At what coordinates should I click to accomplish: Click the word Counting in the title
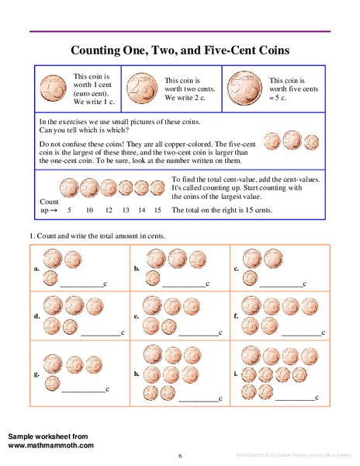click(x=98, y=51)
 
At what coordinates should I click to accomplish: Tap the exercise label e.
click(x=136, y=317)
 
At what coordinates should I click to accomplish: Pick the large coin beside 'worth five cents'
click(x=243, y=85)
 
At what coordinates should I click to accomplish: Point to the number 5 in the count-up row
click(x=70, y=210)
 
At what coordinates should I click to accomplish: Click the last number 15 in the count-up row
click(x=157, y=210)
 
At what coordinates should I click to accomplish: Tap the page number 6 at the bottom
click(x=180, y=456)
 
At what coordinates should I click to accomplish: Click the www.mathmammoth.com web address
click(x=51, y=446)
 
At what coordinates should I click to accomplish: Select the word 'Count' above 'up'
click(x=49, y=201)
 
